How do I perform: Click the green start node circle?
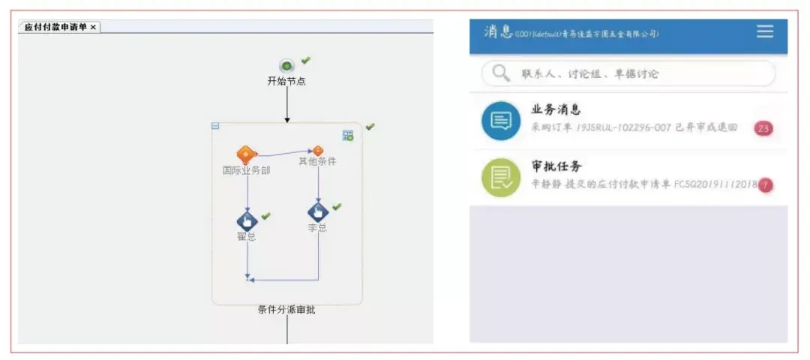(x=286, y=66)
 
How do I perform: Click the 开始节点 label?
(x=286, y=81)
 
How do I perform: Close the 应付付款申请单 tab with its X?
(x=93, y=27)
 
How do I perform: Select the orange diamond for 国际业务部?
(x=246, y=155)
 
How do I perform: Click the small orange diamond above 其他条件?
(x=317, y=151)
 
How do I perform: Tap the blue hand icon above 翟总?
(x=247, y=221)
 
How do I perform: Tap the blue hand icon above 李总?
(x=318, y=212)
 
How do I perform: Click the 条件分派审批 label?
(x=286, y=310)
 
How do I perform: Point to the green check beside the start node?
(x=305, y=60)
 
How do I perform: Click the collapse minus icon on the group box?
(x=215, y=126)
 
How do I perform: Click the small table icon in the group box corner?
(x=348, y=135)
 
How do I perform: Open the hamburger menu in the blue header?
(x=764, y=31)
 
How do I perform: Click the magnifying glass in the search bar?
(x=499, y=73)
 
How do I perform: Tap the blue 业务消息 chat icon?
(x=500, y=121)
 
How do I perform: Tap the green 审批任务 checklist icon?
(x=500, y=177)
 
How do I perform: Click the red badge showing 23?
(x=763, y=128)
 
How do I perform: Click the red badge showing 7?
(x=765, y=184)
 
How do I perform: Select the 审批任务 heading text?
(x=556, y=166)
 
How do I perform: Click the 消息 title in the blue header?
(x=498, y=31)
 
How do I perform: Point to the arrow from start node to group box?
(x=286, y=105)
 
